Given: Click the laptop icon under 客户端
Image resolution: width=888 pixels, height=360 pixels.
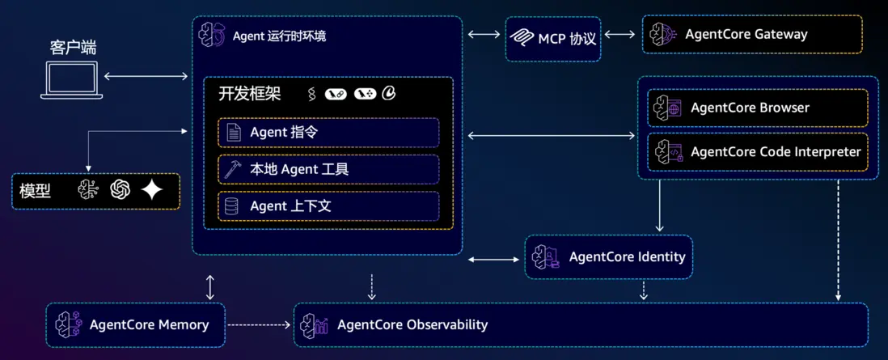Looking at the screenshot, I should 71,80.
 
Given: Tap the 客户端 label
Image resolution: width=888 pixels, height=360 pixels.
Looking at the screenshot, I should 72,47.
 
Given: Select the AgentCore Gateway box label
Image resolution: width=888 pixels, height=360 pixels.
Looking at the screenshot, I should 746,34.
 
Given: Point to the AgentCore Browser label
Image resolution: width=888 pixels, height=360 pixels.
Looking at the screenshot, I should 750,108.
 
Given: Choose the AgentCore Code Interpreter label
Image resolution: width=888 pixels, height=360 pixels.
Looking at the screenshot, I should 776,151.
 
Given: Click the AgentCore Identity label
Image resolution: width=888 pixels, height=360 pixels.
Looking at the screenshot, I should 627,256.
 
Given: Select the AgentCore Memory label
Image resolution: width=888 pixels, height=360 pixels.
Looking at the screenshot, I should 149,324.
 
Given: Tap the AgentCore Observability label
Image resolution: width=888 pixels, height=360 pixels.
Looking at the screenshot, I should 412,324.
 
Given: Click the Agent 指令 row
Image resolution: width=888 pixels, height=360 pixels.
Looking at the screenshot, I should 328,132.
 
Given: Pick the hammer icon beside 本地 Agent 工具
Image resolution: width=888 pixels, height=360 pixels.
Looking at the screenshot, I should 232,169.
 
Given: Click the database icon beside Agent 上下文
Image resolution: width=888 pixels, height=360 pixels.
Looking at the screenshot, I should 232,206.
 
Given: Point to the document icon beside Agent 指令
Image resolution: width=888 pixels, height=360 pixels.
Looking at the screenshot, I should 232,132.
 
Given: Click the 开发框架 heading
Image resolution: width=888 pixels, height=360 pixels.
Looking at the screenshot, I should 249,93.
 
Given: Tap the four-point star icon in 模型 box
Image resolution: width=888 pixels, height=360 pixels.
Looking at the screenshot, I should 152,189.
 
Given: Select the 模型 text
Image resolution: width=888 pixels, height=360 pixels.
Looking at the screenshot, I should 35,191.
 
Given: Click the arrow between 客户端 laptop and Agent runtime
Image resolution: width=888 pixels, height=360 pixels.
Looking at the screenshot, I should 146,77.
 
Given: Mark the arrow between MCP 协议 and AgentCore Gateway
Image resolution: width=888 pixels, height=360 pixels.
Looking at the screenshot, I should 620,34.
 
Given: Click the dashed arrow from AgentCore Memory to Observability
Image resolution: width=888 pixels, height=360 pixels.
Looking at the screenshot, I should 259,324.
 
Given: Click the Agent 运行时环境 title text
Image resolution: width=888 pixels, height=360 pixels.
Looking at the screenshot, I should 279,36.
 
